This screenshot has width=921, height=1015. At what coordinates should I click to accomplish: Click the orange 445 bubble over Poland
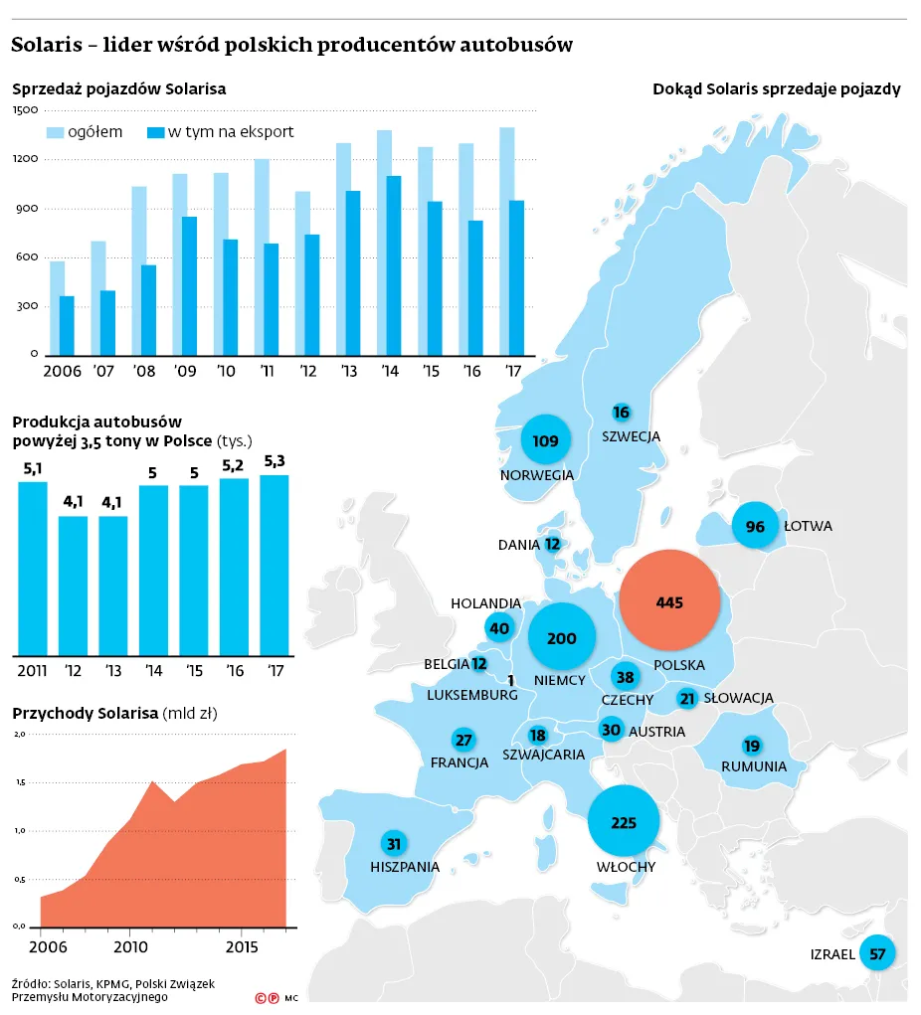669,600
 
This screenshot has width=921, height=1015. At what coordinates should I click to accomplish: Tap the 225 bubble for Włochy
623,821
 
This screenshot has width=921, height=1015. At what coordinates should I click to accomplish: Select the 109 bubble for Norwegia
545,440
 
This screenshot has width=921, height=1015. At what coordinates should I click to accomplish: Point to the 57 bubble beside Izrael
877,952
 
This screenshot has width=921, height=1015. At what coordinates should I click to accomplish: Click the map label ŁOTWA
808,526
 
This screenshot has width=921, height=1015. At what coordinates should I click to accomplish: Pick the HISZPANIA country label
405,867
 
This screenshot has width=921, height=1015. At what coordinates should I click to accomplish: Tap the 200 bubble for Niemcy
562,637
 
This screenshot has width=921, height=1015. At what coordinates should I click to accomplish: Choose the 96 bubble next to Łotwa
755,526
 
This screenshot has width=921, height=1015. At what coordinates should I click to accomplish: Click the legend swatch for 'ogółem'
56,132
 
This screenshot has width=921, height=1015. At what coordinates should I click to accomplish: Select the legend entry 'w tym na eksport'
221,132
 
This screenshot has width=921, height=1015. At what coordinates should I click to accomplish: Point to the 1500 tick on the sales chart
25,109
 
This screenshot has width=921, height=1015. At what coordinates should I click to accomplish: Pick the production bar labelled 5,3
275,566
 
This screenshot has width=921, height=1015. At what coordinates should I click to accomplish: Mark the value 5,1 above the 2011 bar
33,468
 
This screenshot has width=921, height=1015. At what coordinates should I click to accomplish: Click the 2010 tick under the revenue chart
130,947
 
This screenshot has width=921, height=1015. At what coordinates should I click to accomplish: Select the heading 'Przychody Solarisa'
86,714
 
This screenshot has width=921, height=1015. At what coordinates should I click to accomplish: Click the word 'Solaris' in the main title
47,45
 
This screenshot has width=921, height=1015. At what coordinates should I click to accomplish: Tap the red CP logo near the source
268,998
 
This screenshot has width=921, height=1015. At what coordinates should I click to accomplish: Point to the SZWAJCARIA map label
543,755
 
